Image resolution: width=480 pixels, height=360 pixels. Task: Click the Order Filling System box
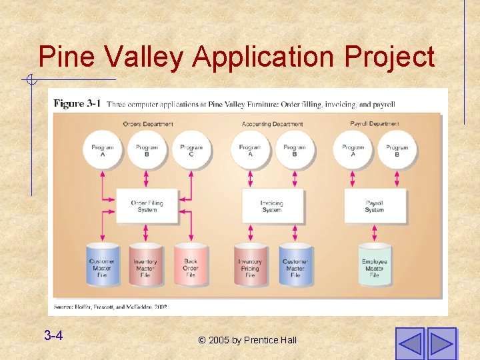tap(147, 206)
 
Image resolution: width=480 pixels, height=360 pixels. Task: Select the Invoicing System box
tap(271, 206)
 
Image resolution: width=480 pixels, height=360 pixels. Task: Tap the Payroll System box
tap(374, 206)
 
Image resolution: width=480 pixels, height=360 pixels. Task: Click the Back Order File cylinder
tap(191, 265)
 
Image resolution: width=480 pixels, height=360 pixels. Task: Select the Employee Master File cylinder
tap(374, 265)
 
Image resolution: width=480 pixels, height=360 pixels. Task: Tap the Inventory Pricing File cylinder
tap(250, 265)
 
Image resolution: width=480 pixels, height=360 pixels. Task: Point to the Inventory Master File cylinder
tap(145, 265)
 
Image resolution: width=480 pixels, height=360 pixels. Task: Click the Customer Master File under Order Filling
tap(102, 265)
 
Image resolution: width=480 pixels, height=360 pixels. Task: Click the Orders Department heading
tap(148, 124)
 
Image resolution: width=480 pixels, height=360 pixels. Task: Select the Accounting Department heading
tap(272, 124)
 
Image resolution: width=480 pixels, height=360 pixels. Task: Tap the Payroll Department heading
tap(375, 124)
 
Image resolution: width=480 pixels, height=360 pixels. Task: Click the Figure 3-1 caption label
tap(77, 104)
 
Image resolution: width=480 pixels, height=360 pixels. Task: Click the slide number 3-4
tap(53, 335)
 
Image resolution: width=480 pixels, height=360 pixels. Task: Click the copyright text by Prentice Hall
tap(247, 341)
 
